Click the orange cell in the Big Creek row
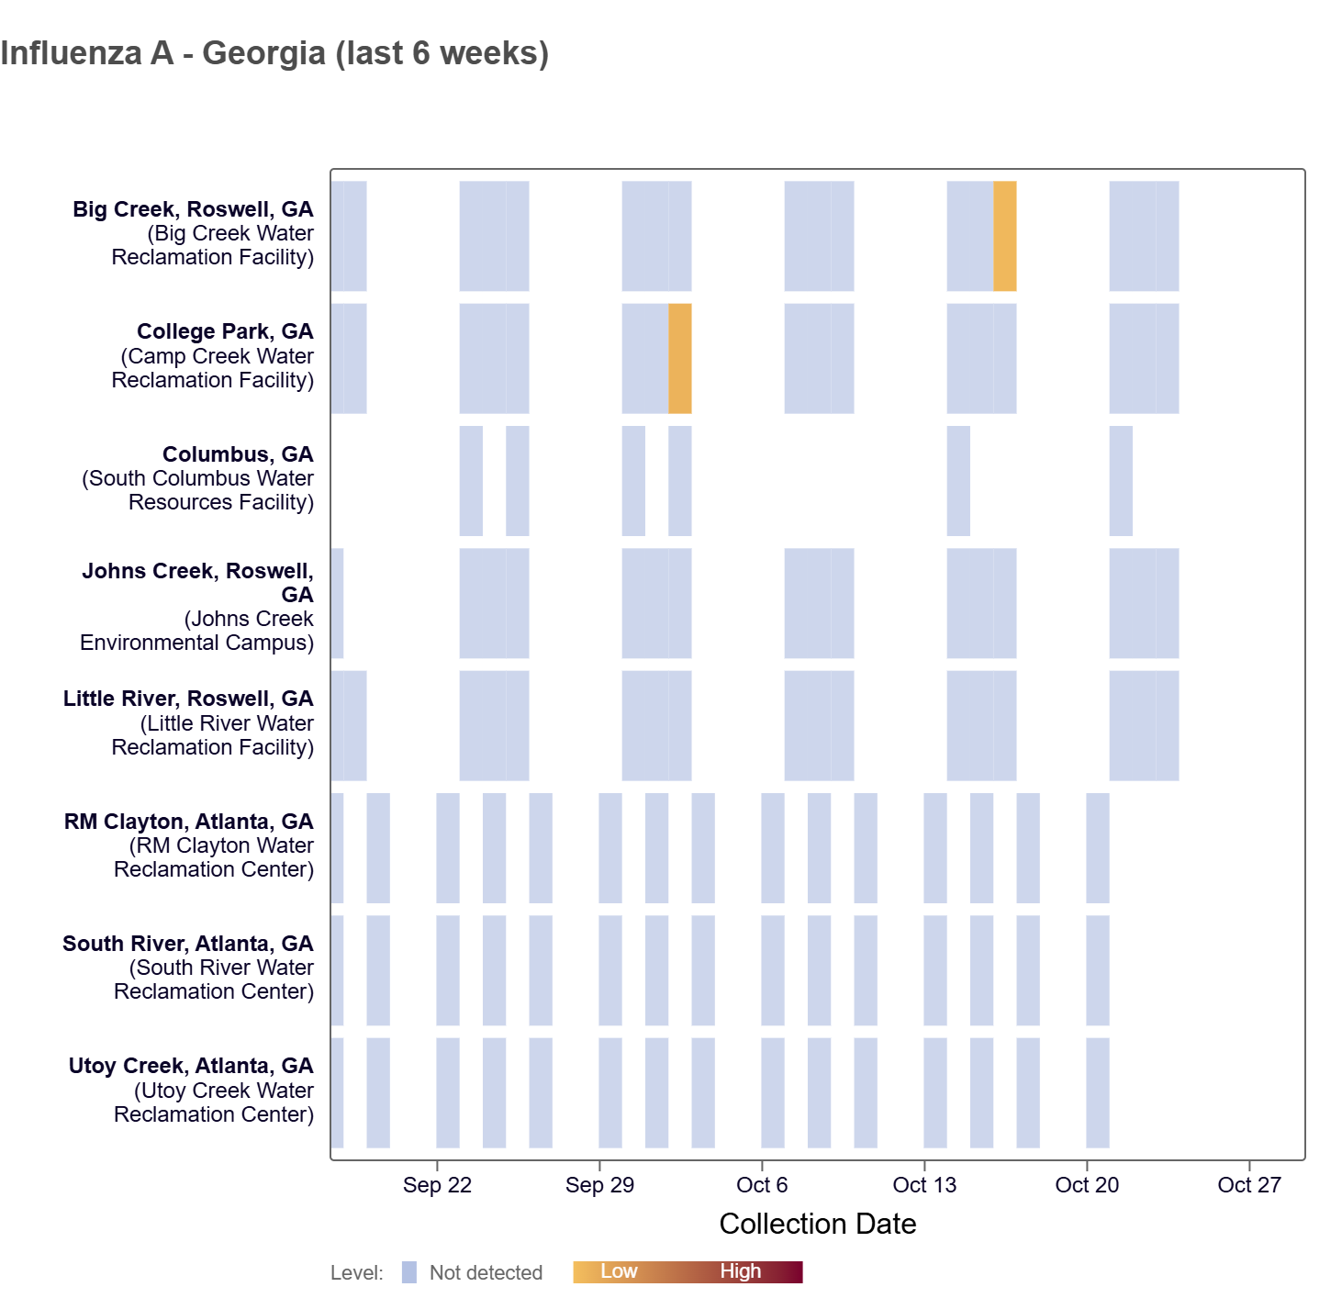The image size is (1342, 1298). click(x=1004, y=236)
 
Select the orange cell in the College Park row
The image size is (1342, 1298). click(x=679, y=358)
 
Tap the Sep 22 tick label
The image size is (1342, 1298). click(x=437, y=1185)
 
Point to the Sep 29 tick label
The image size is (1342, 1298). click(x=599, y=1185)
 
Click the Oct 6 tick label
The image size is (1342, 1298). click(x=762, y=1185)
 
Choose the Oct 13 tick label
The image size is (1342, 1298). click(x=924, y=1185)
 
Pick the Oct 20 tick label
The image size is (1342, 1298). click(x=1087, y=1185)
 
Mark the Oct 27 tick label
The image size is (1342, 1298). click(x=1248, y=1185)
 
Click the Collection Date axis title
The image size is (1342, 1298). click(x=817, y=1224)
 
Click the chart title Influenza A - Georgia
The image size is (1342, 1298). click(x=274, y=53)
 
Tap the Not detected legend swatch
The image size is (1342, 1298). click(x=409, y=1272)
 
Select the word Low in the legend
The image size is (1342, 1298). click(x=619, y=1271)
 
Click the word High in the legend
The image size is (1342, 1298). click(x=740, y=1271)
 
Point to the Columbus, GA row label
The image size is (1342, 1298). click(x=238, y=454)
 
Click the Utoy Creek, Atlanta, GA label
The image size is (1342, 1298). click(x=191, y=1066)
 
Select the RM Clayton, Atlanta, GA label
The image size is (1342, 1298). click(x=189, y=822)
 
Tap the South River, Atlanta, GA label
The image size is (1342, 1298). click(x=188, y=944)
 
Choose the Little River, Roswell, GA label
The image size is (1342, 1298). click(x=188, y=699)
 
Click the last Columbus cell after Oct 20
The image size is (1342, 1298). click(x=1121, y=480)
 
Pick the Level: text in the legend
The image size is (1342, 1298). click(x=357, y=1273)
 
